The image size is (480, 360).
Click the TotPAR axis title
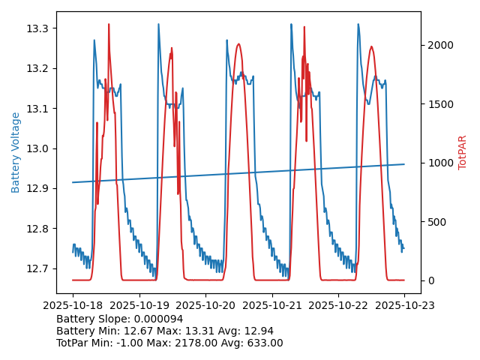463,152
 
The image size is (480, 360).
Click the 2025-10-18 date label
73,305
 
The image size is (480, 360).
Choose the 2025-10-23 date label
404,305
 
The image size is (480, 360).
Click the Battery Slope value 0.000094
159,319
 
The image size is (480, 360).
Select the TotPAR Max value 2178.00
193,343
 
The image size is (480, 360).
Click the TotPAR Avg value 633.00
262,343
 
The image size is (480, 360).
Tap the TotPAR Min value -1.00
138,343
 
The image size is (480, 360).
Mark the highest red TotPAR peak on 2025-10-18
109,25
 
